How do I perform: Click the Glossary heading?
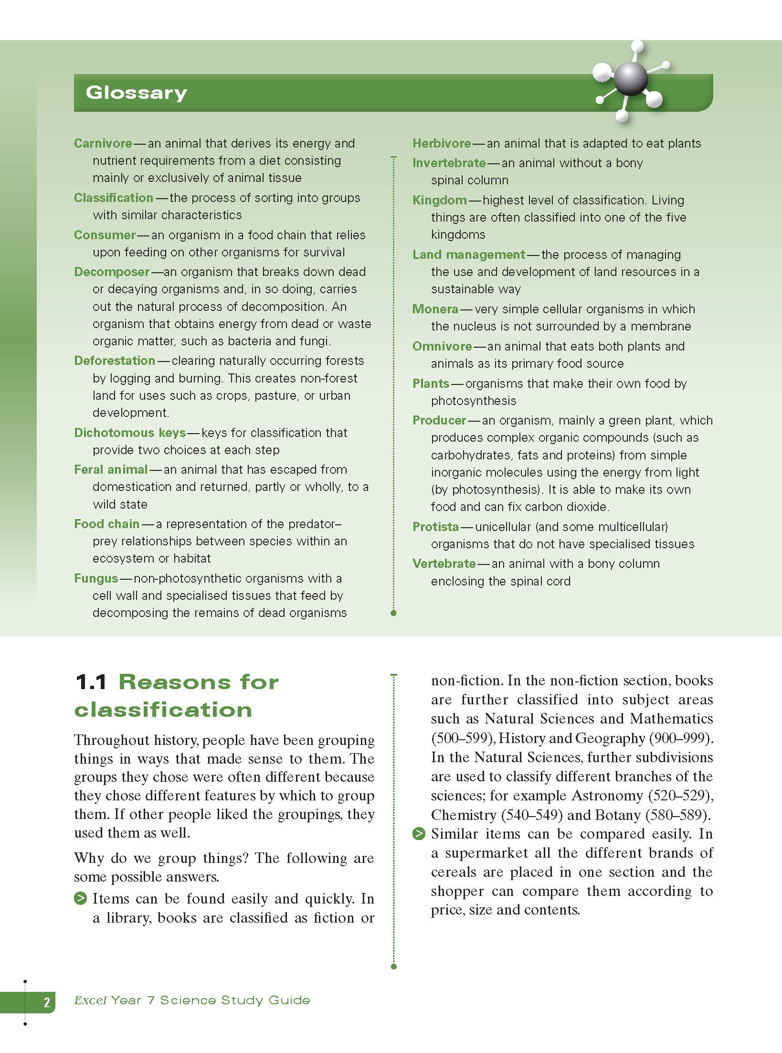(136, 93)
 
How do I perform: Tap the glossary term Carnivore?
(103, 143)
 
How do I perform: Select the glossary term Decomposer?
(112, 272)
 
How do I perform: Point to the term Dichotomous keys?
(130, 433)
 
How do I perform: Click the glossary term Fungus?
(96, 578)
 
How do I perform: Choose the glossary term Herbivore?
(442, 143)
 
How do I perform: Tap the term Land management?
(469, 255)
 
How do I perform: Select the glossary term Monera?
(435, 309)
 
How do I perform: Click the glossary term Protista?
(435, 527)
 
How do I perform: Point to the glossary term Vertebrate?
(444, 564)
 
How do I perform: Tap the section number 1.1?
(91, 682)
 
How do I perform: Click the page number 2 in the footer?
(47, 1002)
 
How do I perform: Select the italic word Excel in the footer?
(90, 1000)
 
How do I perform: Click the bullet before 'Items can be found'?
(80, 899)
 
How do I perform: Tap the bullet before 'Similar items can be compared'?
(419, 834)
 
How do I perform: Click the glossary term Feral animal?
(111, 469)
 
